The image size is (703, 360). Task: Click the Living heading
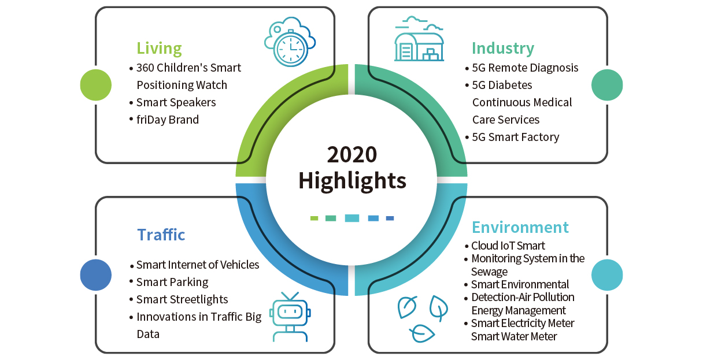click(x=159, y=49)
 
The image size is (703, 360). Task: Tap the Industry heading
click(x=503, y=49)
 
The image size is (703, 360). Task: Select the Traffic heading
click(x=161, y=235)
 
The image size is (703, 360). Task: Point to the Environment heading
click(x=520, y=227)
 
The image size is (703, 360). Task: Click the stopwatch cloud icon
click(x=290, y=42)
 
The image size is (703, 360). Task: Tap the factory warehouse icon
click(x=419, y=39)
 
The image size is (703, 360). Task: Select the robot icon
click(x=290, y=317)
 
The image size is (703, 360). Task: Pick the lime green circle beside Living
click(x=96, y=85)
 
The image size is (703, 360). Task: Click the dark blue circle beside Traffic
click(x=96, y=275)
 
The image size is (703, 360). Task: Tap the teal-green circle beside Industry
click(x=607, y=85)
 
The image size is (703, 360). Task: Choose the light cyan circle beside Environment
click(x=607, y=275)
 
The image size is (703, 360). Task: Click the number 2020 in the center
click(x=352, y=155)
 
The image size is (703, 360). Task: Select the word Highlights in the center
click(x=352, y=181)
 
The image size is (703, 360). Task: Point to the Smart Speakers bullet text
click(x=176, y=103)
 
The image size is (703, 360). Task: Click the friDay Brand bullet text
click(x=168, y=120)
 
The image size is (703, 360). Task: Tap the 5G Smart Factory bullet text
click(x=516, y=138)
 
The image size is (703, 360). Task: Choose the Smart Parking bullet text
click(x=172, y=283)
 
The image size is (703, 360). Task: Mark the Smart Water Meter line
click(x=514, y=336)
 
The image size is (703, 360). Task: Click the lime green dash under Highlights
click(x=314, y=218)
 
